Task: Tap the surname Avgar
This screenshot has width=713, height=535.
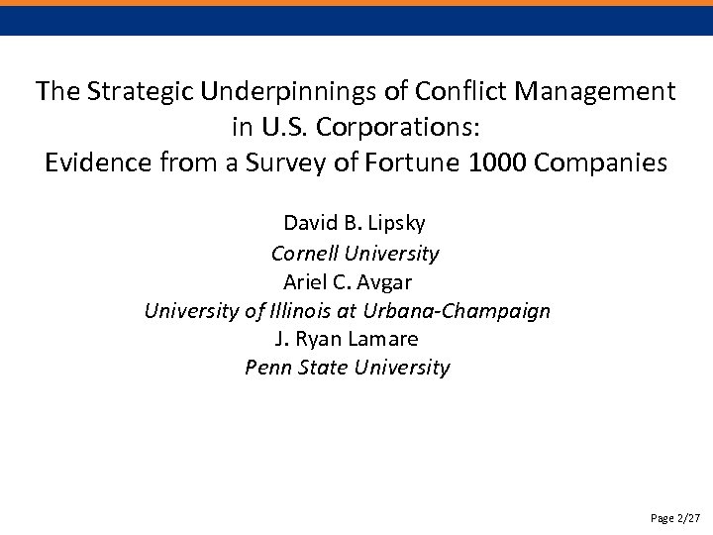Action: coord(400,281)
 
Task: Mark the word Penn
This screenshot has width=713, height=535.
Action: coord(267,368)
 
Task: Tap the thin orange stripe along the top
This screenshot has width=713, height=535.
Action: coord(356,3)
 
